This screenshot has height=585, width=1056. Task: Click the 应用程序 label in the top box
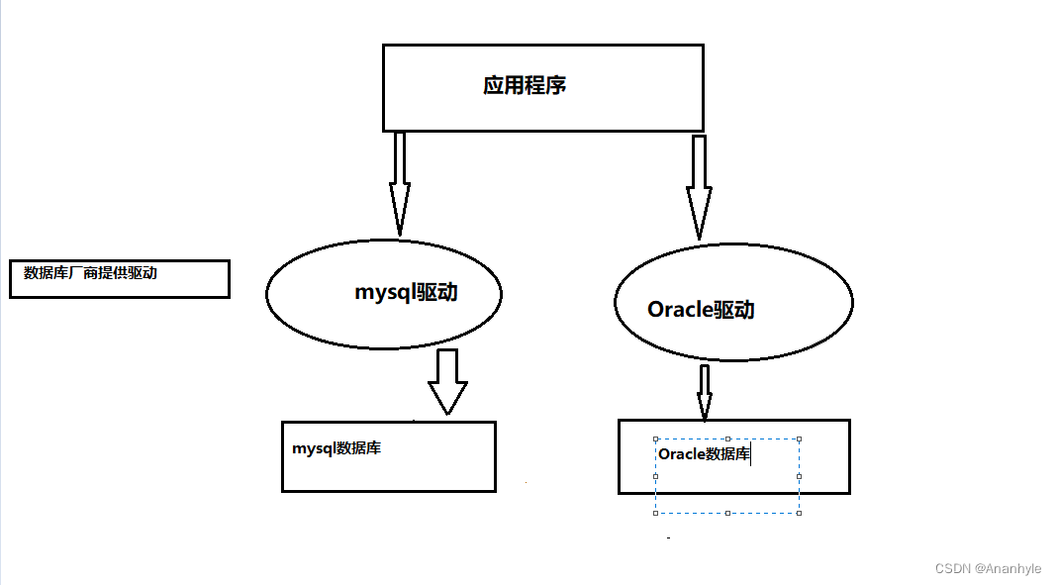point(525,85)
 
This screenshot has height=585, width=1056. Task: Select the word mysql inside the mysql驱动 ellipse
point(385,293)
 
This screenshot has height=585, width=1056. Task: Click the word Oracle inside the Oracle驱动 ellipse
point(680,310)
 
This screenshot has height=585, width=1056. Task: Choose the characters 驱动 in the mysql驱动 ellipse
point(436,293)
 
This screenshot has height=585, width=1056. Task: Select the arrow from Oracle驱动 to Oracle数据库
point(705,392)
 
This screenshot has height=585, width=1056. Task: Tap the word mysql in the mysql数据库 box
point(314,448)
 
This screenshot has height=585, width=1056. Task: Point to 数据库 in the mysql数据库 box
point(358,448)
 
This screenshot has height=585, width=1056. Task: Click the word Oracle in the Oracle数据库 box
point(682,454)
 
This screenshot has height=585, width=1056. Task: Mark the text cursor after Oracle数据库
point(751,454)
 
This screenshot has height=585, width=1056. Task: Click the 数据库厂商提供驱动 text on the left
point(90,273)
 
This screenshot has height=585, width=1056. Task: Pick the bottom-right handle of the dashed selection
point(799,513)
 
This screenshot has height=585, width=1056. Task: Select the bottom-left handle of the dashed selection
point(655,513)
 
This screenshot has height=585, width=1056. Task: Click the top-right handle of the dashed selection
point(799,439)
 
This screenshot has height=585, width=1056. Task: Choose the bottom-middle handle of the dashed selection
point(727,513)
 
